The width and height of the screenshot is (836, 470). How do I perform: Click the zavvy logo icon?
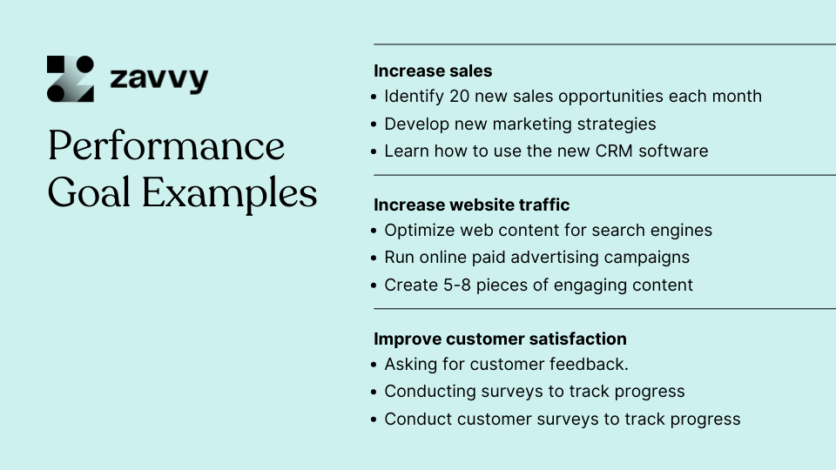[x=71, y=79]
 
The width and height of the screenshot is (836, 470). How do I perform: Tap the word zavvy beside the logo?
[x=158, y=79]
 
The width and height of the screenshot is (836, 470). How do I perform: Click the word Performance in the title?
[x=166, y=145]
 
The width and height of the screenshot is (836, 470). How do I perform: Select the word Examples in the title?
[x=229, y=193]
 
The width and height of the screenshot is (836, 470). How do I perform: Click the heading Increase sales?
[x=433, y=70]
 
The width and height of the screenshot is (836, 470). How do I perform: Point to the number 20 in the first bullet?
[x=459, y=96]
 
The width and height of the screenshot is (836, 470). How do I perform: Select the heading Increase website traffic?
[x=472, y=205]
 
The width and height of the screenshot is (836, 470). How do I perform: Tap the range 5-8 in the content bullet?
[x=457, y=285]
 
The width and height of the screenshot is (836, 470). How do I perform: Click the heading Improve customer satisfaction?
[x=500, y=339]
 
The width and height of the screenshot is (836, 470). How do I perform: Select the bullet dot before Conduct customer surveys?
[x=374, y=420]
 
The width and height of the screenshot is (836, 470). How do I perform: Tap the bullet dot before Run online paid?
[x=374, y=258]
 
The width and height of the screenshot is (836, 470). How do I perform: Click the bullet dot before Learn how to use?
[x=374, y=151]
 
